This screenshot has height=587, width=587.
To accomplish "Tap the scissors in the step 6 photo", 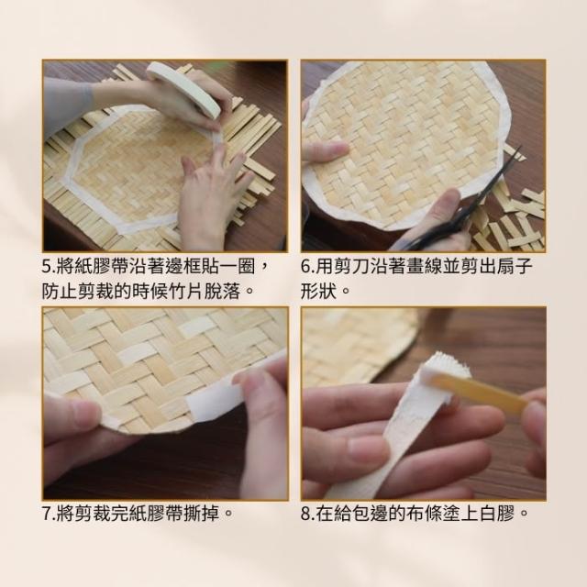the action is click(x=464, y=210).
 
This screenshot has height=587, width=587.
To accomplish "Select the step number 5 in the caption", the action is click(x=46, y=267).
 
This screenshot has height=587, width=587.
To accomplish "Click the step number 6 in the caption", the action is click(x=305, y=267).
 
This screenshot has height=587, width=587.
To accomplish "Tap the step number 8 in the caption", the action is click(x=305, y=514).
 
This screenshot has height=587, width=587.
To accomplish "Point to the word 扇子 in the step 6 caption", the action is click(x=515, y=267).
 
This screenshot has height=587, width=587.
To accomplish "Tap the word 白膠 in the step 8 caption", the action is click(x=498, y=514).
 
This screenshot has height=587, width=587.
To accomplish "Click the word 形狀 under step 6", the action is click(x=319, y=292).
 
